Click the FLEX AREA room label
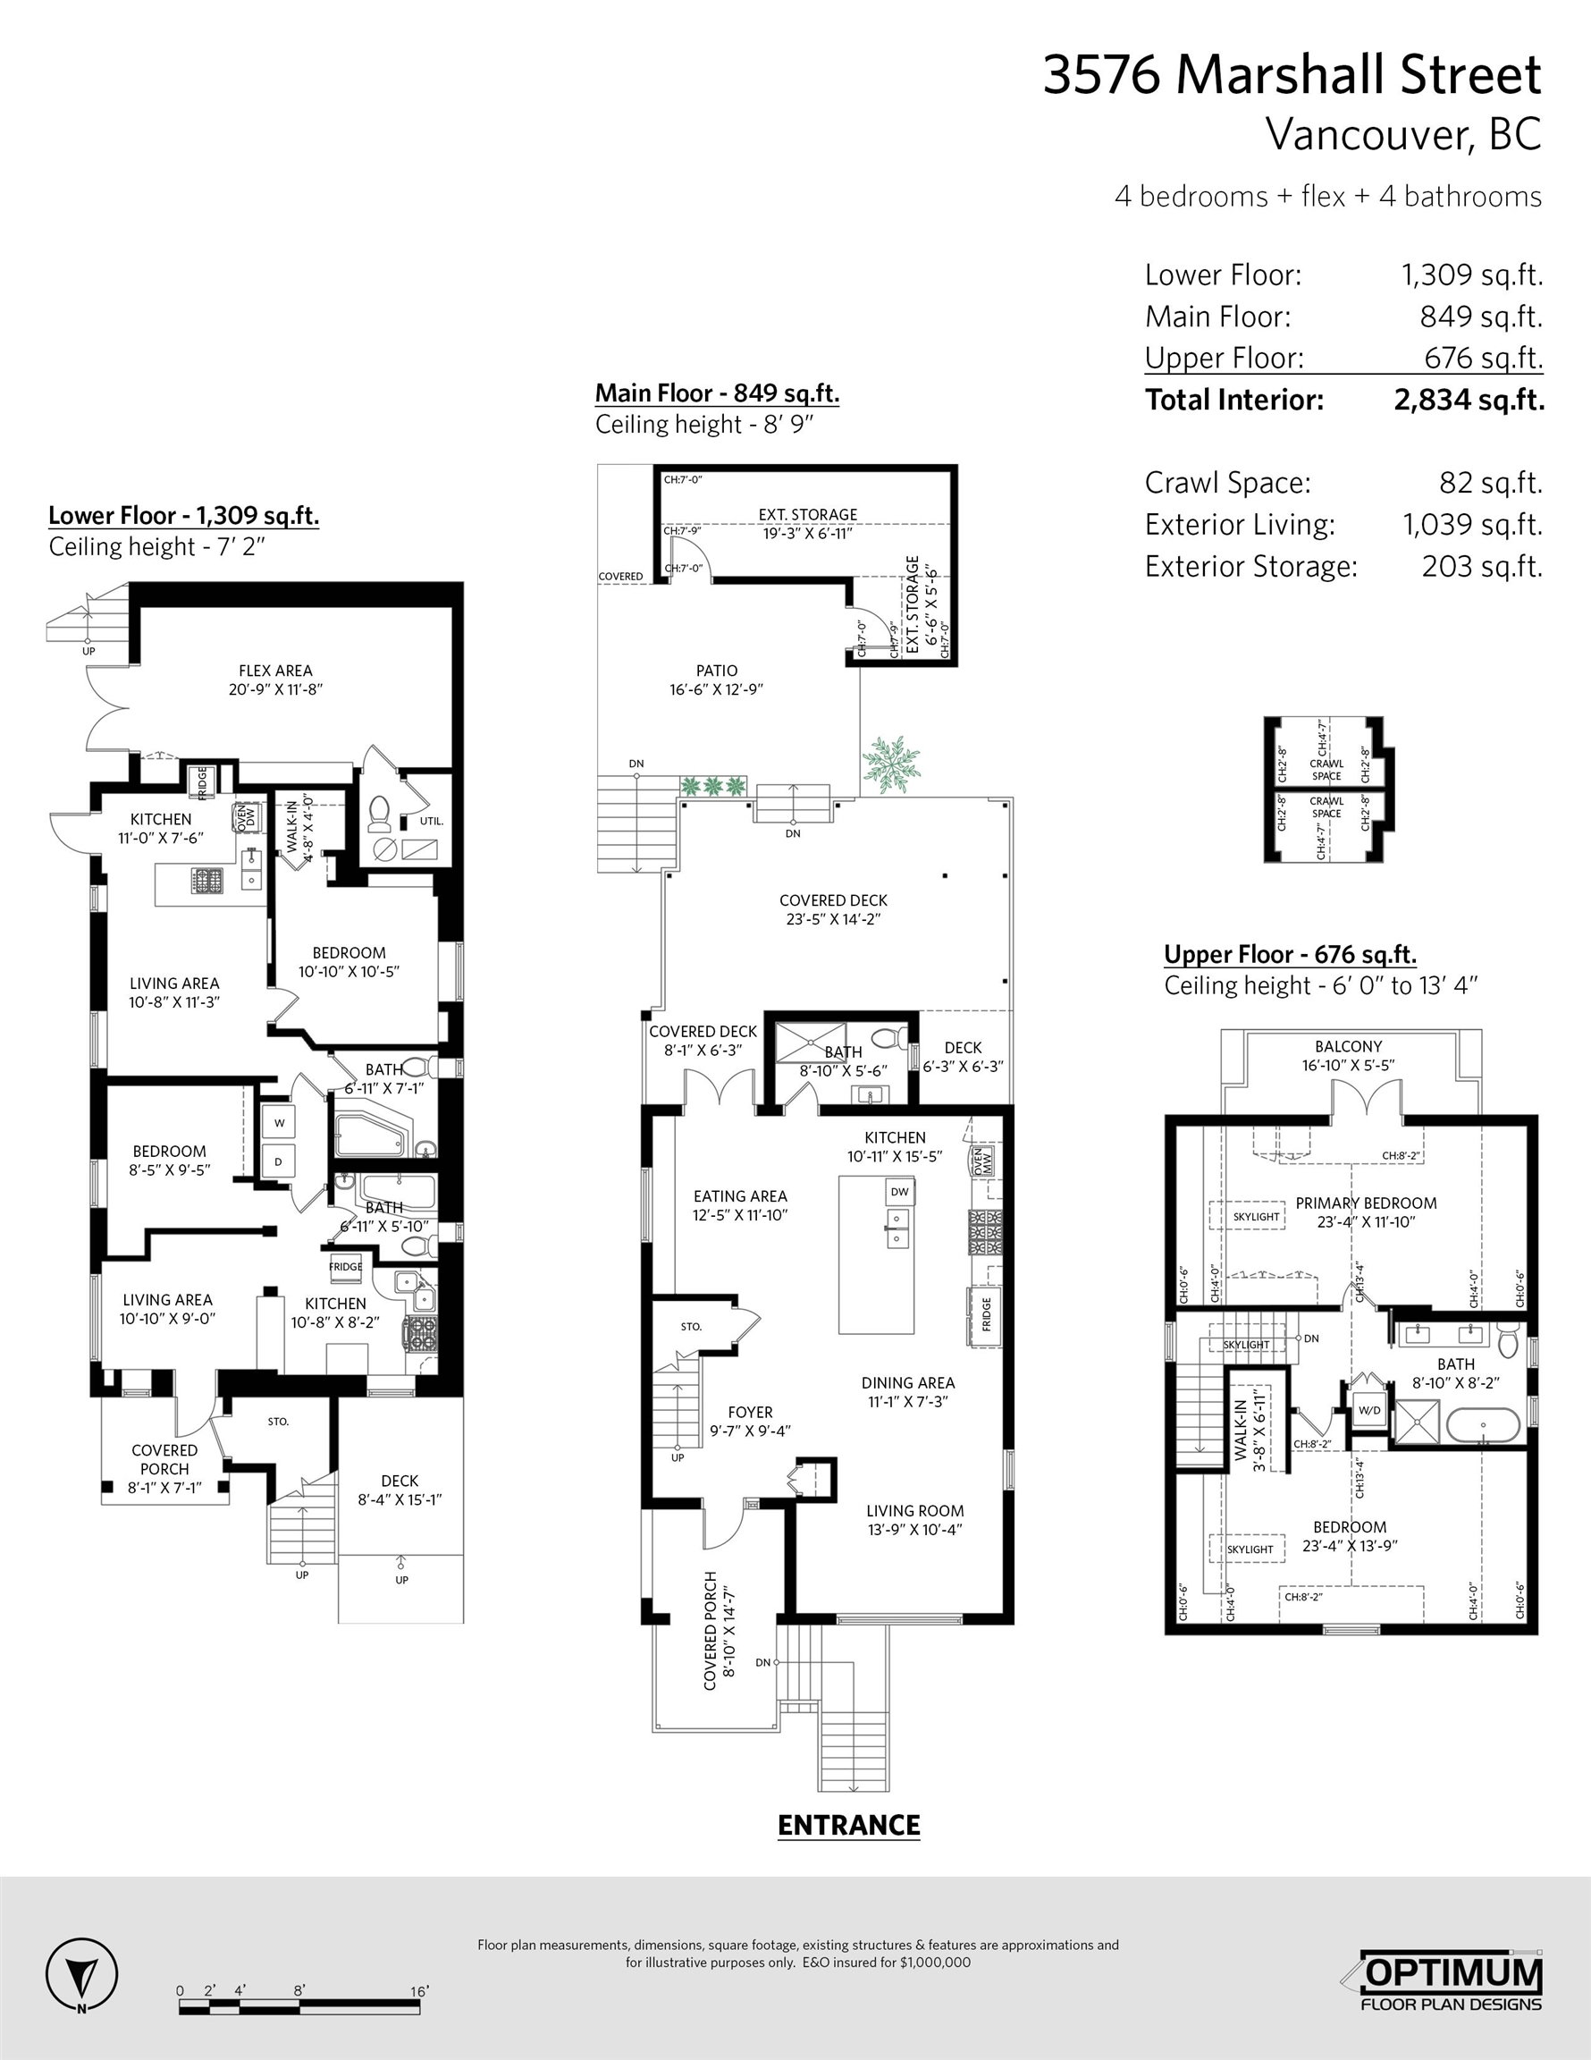tap(275, 671)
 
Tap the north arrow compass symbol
tap(82, 1977)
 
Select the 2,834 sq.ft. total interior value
tap(1469, 400)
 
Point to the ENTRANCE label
tap(849, 1825)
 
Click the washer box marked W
tap(279, 1122)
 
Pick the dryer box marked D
tap(279, 1162)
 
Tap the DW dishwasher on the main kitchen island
tap(900, 1191)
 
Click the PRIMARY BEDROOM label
tap(1366, 1203)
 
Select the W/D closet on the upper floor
tap(1369, 1412)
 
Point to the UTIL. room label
tap(431, 821)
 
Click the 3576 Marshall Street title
tap(1292, 75)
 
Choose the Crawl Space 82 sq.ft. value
tap(1491, 483)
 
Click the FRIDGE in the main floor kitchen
tap(985, 1315)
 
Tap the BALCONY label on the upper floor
tap(1349, 1046)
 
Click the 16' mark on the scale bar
tap(420, 1991)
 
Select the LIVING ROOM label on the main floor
tap(914, 1510)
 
